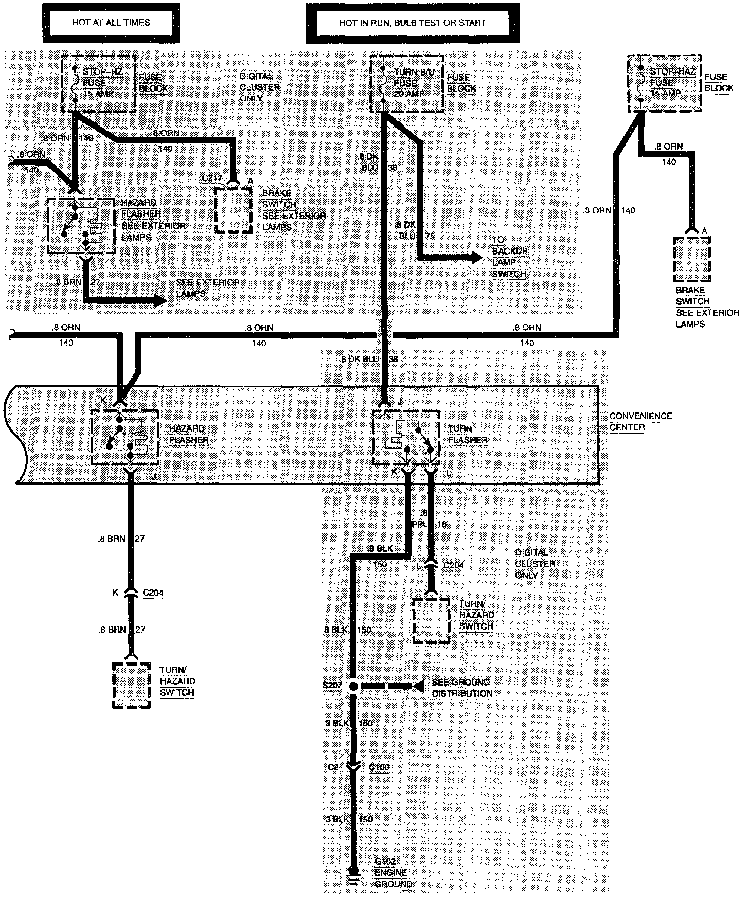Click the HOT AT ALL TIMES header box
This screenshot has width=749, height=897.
pyautogui.click(x=111, y=23)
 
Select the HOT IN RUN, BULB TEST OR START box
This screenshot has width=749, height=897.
pyautogui.click(x=412, y=23)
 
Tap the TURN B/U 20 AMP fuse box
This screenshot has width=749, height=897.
pyautogui.click(x=406, y=83)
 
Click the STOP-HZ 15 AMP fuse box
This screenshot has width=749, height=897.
pyautogui.click(x=99, y=83)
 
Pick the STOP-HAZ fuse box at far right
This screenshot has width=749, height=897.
pyautogui.click(x=664, y=83)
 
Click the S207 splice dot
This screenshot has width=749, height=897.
pyautogui.click(x=353, y=686)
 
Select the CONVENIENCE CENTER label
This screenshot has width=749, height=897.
pyautogui.click(x=640, y=421)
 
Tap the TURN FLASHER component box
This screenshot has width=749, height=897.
pyautogui.click(x=406, y=437)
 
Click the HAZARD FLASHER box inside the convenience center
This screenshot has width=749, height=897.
pyautogui.click(x=124, y=437)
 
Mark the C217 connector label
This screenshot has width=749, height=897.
pyautogui.click(x=211, y=178)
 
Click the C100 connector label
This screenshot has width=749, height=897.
pyautogui.click(x=379, y=767)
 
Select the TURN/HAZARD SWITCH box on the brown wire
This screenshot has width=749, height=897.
pyautogui.click(x=131, y=685)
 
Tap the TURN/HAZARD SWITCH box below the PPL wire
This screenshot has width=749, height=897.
pyautogui.click(x=432, y=620)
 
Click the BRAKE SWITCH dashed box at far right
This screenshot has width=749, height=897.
pyautogui.click(x=692, y=259)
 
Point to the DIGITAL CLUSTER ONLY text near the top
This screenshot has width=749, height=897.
pyautogui.click(x=259, y=87)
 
